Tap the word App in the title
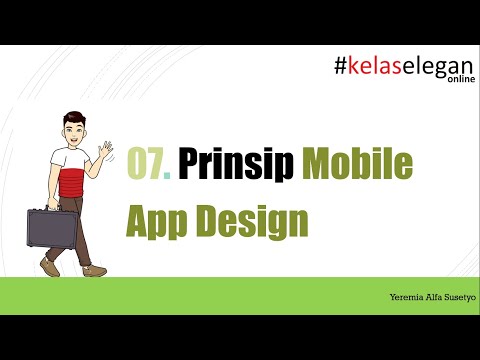[158, 221]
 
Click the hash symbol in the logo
[341, 67]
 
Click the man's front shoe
[95, 269]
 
